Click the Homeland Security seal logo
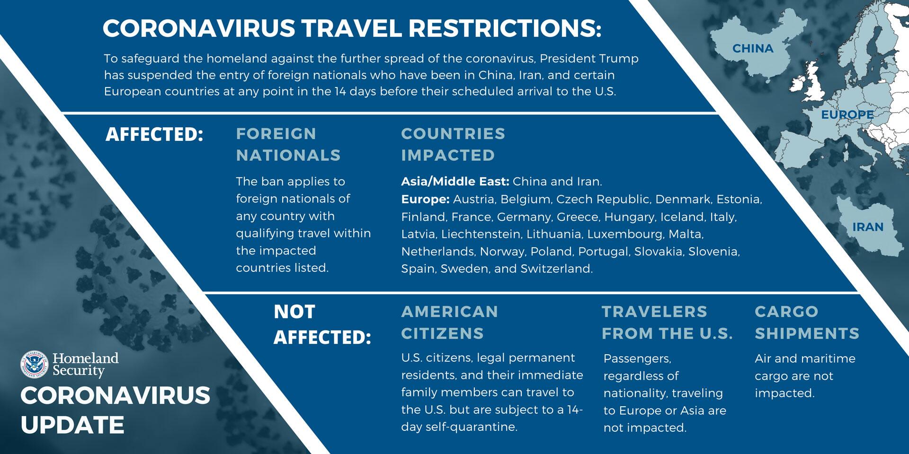[x=35, y=365]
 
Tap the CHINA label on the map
[x=753, y=48]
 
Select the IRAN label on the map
[x=868, y=227]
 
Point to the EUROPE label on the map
[x=847, y=114]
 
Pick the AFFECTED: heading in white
[x=154, y=134]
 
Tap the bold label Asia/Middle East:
[x=455, y=182]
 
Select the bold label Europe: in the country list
[x=425, y=200]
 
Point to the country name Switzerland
[x=556, y=269]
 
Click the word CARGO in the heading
[x=786, y=312]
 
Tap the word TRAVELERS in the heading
[x=654, y=312]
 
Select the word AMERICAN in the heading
[x=450, y=312]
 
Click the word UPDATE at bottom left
[x=72, y=425]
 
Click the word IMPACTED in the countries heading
[x=448, y=155]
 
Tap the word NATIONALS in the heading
[x=288, y=155]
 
